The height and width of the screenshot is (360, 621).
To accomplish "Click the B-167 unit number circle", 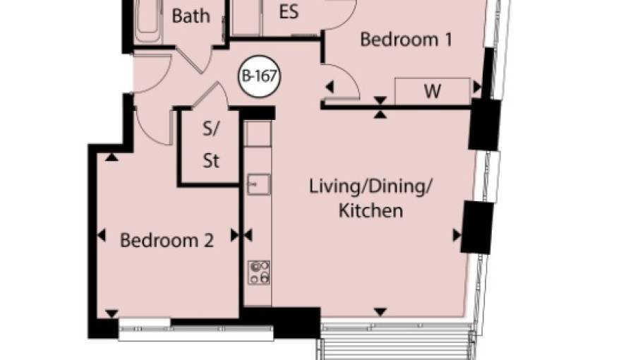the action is pyautogui.click(x=260, y=76).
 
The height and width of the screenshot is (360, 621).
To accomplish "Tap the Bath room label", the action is pyautogui.click(x=191, y=16).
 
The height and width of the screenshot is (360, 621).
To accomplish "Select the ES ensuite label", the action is pyautogui.click(x=289, y=11).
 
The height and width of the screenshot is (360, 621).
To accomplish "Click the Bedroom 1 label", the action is pyautogui.click(x=406, y=40).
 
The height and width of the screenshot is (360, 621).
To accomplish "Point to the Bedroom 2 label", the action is pyautogui.click(x=167, y=241).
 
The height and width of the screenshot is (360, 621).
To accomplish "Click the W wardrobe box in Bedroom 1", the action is pyautogui.click(x=433, y=91).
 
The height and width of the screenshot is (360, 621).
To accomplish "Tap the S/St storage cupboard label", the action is pyautogui.click(x=211, y=145).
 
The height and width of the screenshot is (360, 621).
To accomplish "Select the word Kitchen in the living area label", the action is pyautogui.click(x=370, y=210).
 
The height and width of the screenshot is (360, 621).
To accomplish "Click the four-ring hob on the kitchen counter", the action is pyautogui.click(x=259, y=272).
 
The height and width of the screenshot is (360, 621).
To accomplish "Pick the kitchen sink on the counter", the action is pyautogui.click(x=258, y=184).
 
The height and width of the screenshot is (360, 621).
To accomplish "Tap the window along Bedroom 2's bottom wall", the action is pyautogui.click(x=196, y=329).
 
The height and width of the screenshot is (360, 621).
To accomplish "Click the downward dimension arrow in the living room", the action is pyautogui.click(x=380, y=312).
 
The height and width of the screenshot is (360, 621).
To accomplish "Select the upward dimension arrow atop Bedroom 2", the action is pyautogui.click(x=111, y=157).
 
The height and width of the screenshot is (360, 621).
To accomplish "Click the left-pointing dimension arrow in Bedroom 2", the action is pyautogui.click(x=102, y=236).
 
